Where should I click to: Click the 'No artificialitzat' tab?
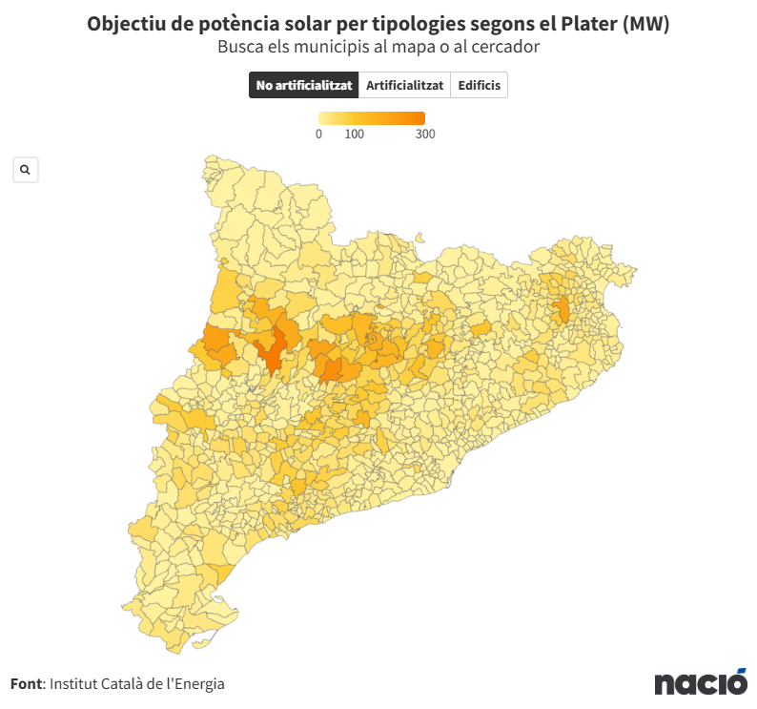(x=304, y=85)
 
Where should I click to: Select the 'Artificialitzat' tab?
(x=404, y=85)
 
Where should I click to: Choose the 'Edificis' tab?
(x=479, y=85)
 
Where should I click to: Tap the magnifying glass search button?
(x=25, y=170)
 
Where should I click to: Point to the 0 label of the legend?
(x=318, y=135)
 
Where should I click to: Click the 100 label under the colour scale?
(x=355, y=135)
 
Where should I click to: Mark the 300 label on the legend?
(x=425, y=135)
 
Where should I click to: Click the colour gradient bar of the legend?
(x=372, y=118)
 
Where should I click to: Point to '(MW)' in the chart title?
(x=645, y=24)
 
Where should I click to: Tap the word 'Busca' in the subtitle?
(x=239, y=46)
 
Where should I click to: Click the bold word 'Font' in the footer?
(x=26, y=683)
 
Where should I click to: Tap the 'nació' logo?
(x=701, y=682)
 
